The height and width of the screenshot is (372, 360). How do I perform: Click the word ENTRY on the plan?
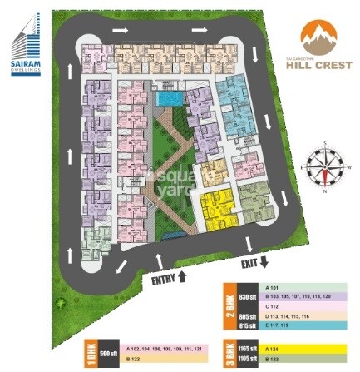coord(162,280)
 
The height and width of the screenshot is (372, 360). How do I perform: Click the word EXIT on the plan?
coord(249,264)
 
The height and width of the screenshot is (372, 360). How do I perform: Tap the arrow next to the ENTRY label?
coord(182,275)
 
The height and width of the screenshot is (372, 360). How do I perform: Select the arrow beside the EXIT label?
coord(264,262)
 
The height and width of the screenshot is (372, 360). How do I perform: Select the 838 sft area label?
coord(244,296)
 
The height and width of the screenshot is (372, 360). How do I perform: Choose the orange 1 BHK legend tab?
coord(90,353)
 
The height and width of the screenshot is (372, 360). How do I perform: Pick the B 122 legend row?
coord(162,358)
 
